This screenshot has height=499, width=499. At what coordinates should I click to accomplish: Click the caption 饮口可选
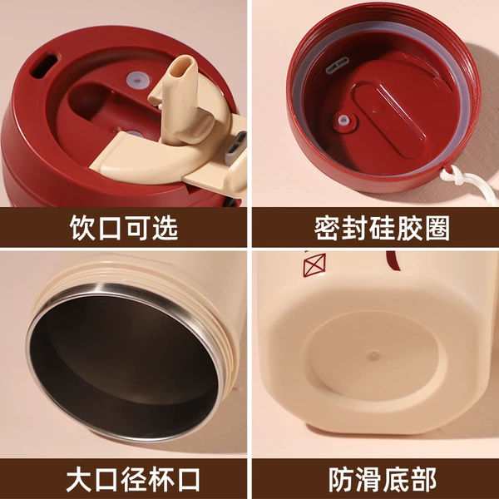[x=123, y=228]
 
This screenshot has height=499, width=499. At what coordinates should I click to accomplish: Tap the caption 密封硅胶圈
[x=382, y=228]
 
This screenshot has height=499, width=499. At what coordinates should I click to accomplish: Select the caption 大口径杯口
[x=133, y=479]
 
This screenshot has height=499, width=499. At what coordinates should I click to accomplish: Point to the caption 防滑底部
[x=382, y=479]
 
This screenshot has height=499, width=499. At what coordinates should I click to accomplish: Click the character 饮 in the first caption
[x=82, y=228]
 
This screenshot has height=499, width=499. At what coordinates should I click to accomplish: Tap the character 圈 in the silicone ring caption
[x=437, y=228]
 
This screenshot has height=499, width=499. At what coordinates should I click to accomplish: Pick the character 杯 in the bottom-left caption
[x=161, y=479]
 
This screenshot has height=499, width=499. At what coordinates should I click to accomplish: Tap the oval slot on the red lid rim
[x=44, y=65]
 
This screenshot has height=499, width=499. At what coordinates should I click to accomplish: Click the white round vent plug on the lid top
[x=137, y=80]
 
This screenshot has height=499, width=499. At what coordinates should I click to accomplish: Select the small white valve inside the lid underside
[x=343, y=120]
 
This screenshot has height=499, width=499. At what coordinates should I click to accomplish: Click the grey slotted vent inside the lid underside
[x=337, y=65]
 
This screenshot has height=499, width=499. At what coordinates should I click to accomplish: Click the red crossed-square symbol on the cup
[x=314, y=264]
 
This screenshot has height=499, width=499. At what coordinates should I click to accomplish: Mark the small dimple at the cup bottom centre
[x=374, y=355]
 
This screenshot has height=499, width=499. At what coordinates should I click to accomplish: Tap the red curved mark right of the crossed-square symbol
[x=393, y=260]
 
